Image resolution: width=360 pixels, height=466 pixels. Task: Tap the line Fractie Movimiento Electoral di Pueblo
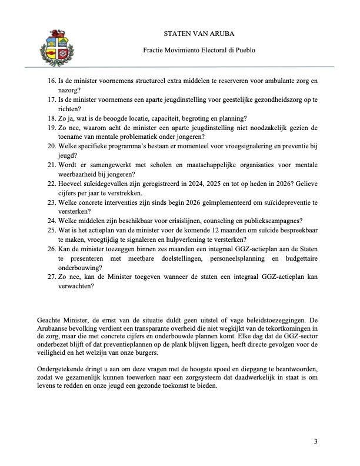coord(199,51)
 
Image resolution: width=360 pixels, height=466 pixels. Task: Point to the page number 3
coord(316,441)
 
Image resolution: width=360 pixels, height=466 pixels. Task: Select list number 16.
coord(51,79)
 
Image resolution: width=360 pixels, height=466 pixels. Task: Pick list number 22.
coord(51,183)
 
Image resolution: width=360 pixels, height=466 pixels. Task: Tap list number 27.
coord(51,277)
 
